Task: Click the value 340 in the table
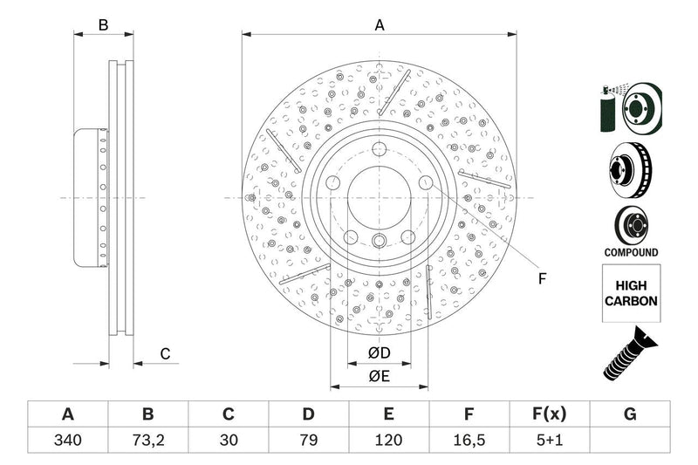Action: [x=67, y=441]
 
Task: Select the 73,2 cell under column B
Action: [x=147, y=441]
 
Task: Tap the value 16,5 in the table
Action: [x=469, y=441]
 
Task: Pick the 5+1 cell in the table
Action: [x=550, y=441]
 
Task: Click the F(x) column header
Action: [x=550, y=414]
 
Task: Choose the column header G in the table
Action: [x=630, y=414]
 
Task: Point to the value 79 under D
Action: [x=309, y=441]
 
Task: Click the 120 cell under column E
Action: [x=388, y=441]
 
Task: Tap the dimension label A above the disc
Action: [x=380, y=25]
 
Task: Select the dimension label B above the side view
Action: [x=103, y=25]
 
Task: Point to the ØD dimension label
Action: [x=378, y=352]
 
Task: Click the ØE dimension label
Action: [x=378, y=376]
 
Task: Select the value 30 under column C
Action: [x=229, y=441]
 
